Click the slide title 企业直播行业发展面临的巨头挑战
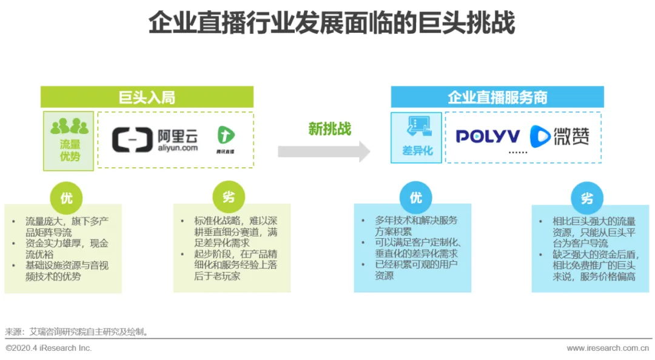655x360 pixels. point(332,24)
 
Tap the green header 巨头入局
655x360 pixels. point(147,97)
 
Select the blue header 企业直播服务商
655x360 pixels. point(497,97)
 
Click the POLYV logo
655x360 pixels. point(488,136)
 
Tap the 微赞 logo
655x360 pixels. point(559,136)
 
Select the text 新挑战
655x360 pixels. point(329,128)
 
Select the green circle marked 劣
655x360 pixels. point(229,197)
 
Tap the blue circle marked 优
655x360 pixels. point(415,198)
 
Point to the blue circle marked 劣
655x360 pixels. point(586,198)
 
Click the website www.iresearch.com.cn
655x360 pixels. point(608,348)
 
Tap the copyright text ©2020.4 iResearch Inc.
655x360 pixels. point(49,348)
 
